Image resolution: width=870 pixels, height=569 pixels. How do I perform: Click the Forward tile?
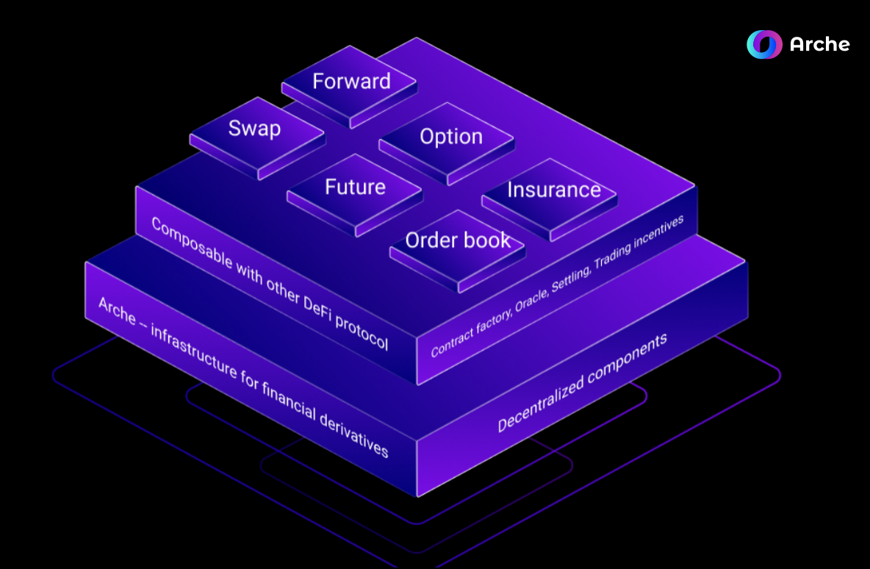(x=351, y=82)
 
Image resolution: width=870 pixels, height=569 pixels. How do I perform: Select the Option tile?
(x=450, y=137)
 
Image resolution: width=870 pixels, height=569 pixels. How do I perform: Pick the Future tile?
(x=355, y=187)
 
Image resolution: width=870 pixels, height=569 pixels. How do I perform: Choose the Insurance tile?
(x=553, y=190)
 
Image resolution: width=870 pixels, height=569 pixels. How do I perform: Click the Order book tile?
(x=457, y=240)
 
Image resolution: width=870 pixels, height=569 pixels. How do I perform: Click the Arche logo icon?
(x=764, y=44)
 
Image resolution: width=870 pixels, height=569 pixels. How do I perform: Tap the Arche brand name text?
(x=819, y=45)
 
